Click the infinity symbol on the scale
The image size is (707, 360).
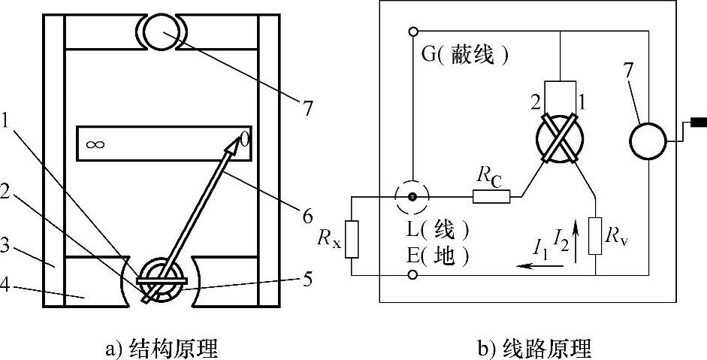pos(95,144)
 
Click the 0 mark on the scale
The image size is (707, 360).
pos(243,139)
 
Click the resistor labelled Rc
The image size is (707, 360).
pos(491,198)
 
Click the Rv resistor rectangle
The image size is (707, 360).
pos(597,235)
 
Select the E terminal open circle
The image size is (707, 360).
pos(412,276)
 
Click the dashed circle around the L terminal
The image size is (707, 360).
pos(412,198)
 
